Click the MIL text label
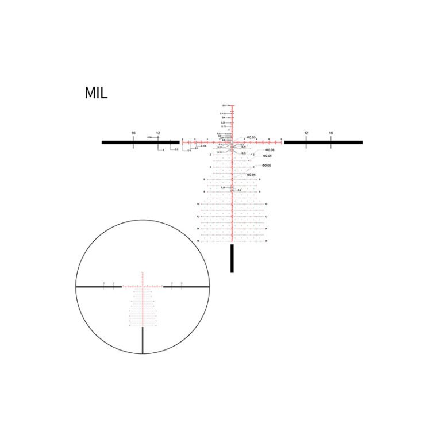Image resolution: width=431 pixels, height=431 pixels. point(95,93)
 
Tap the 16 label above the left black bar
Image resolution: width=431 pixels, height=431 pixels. point(133,133)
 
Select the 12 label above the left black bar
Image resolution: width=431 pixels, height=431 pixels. point(158,133)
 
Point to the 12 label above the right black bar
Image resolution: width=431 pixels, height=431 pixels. point(306,133)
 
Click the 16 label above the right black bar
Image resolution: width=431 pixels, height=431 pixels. point(331,133)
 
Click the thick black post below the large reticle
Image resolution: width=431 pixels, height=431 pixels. point(232,259)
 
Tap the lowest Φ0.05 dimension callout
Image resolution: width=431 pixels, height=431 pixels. point(251,175)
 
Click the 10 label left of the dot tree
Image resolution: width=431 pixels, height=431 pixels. point(198,204)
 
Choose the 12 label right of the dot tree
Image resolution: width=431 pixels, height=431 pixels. point(266,217)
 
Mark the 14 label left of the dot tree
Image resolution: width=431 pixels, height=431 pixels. point(198,229)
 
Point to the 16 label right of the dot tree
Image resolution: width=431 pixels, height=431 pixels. point(266,241)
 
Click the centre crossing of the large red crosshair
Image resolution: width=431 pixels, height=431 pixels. point(232,142)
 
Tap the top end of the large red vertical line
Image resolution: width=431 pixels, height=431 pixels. point(232,105)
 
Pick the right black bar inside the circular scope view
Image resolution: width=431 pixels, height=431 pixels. point(186,286)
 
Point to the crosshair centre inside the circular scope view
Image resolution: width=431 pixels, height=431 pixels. point(143,286)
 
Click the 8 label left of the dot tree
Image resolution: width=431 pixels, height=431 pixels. point(205,192)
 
